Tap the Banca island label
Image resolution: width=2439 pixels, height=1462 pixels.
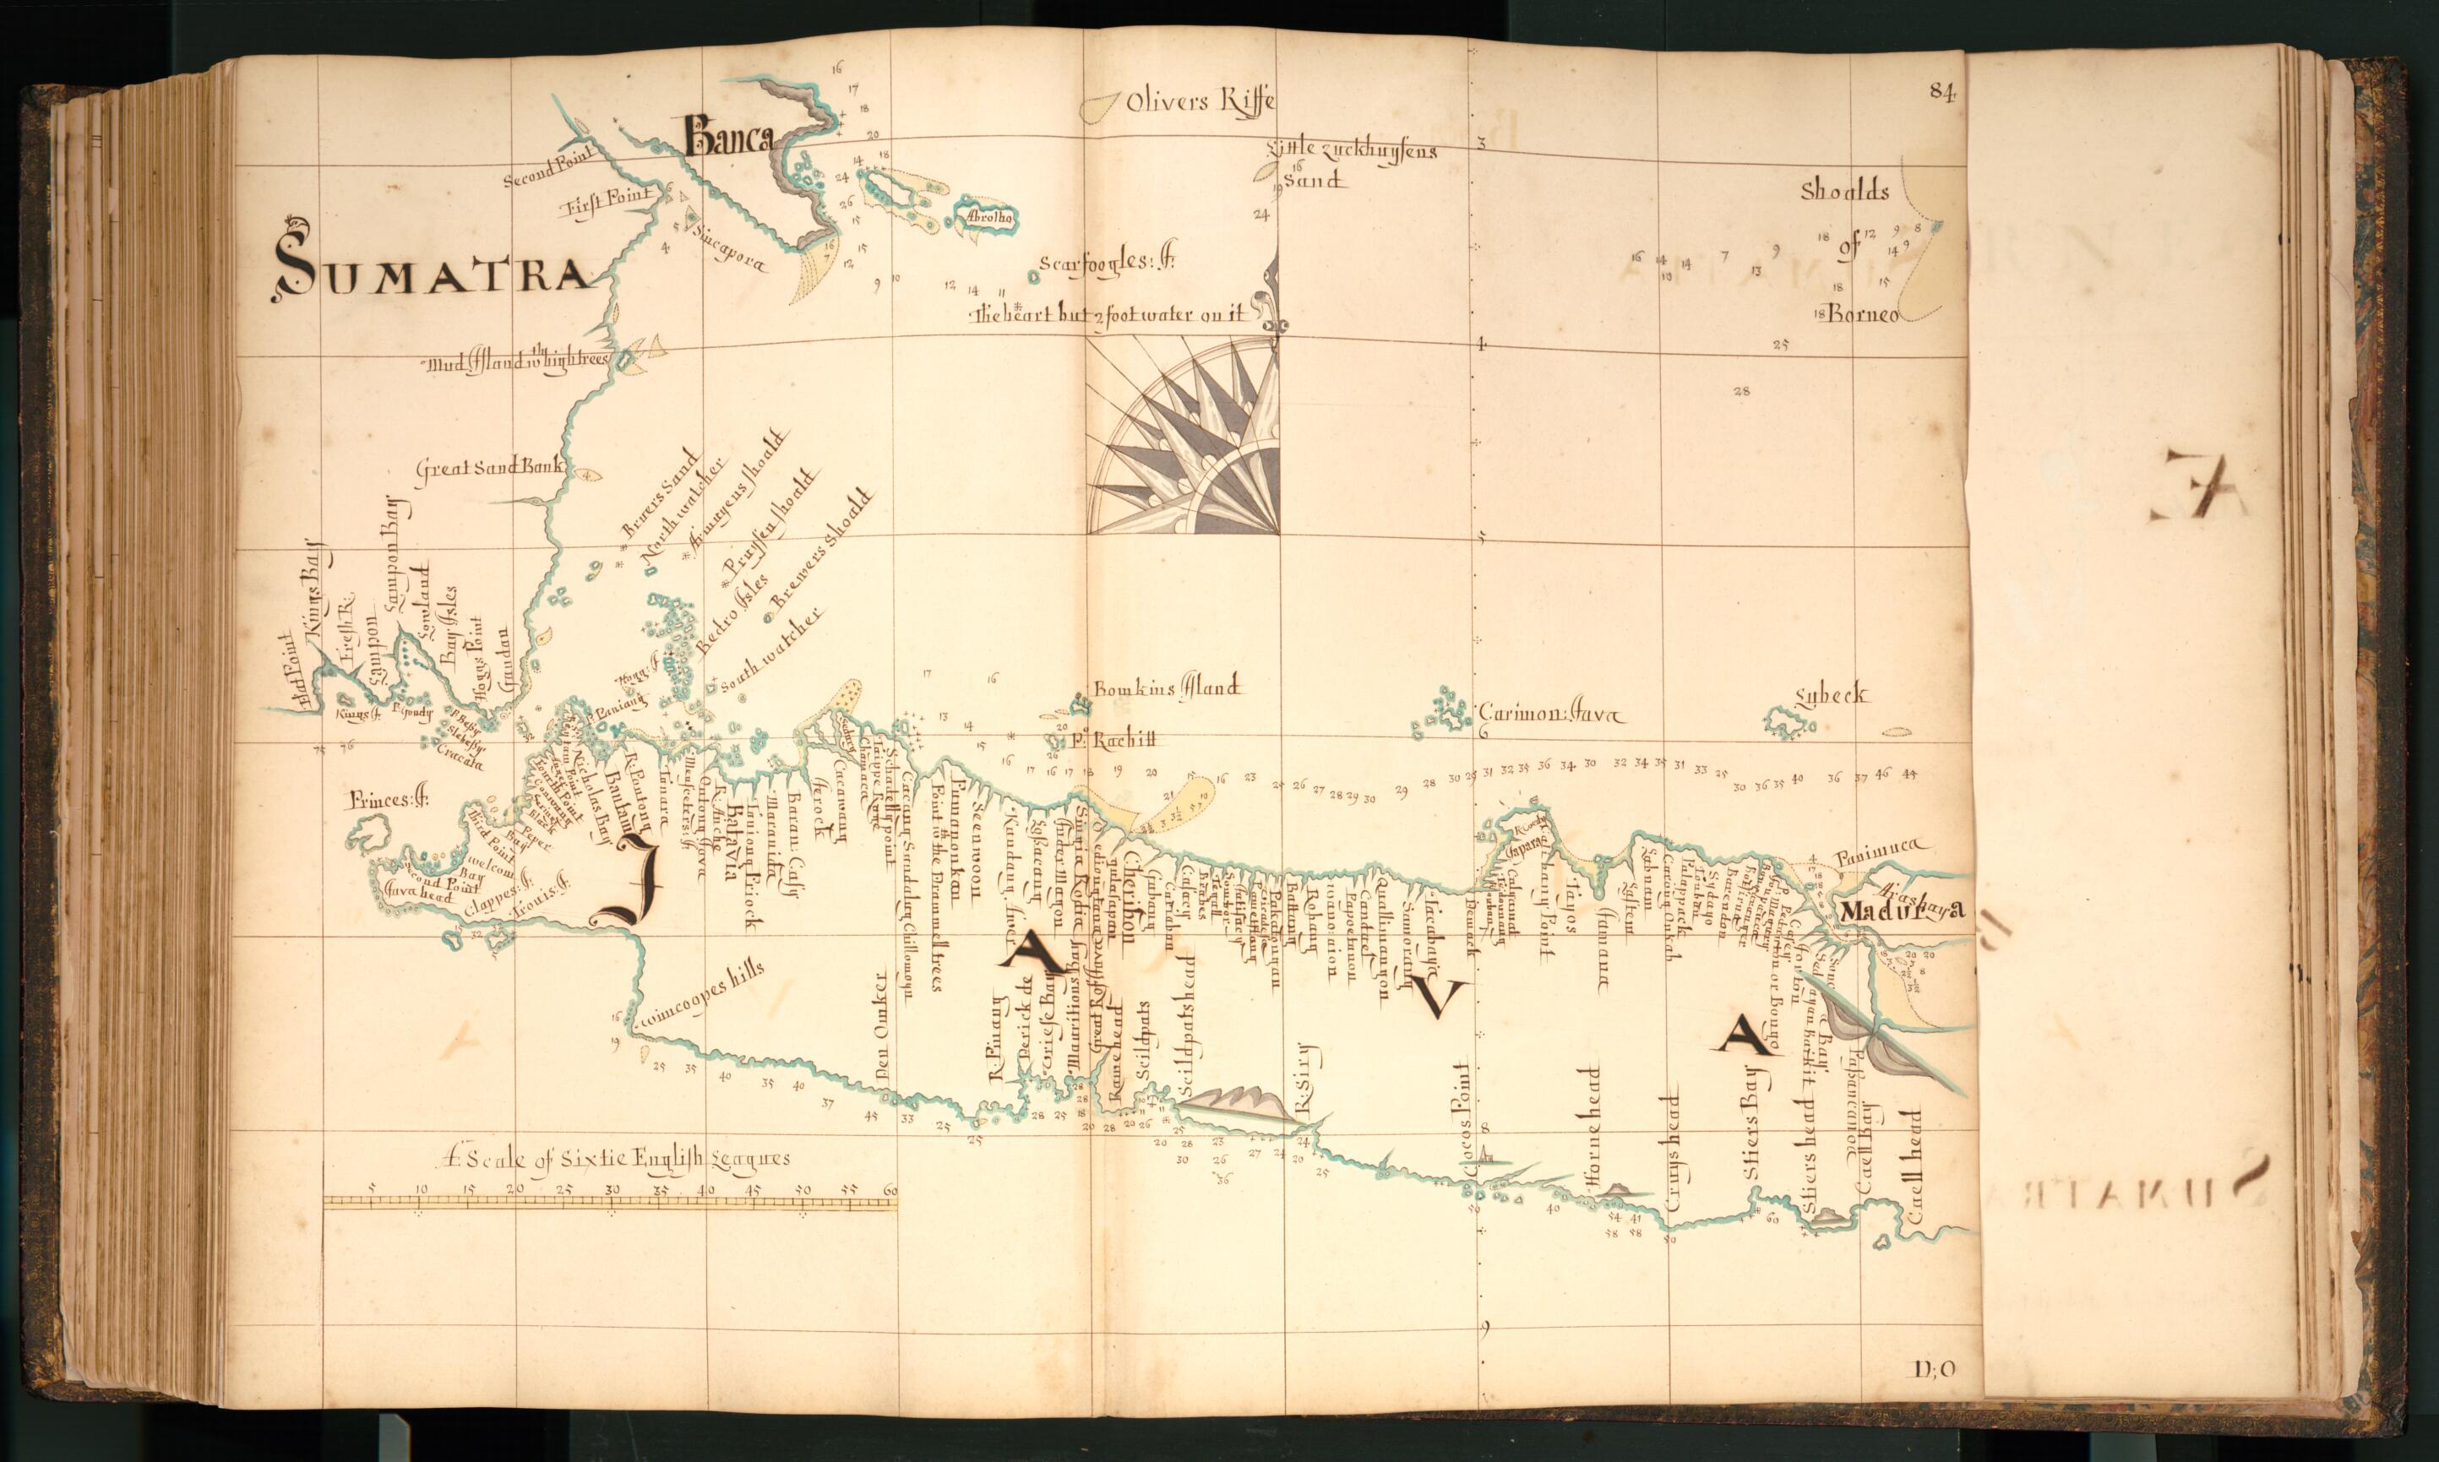pos(727,138)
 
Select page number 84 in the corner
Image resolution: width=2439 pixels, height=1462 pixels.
pos(1941,90)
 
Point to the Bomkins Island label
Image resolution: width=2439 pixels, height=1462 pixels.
pos(1167,688)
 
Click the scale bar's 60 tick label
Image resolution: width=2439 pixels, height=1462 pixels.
pos(890,1191)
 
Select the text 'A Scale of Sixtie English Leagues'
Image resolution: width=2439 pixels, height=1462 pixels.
pos(616,1159)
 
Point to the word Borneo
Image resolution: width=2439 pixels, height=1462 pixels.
pos(1864,315)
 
